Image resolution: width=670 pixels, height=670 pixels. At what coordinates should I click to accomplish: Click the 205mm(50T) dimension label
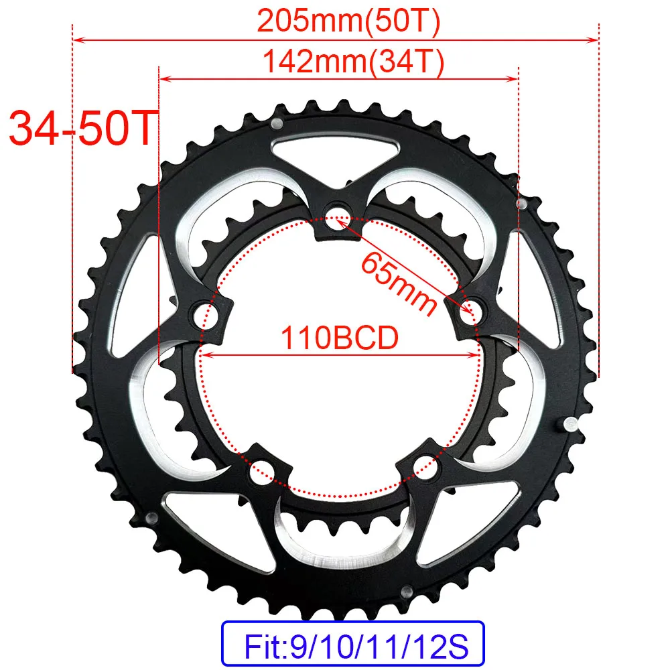pyautogui.click(x=348, y=21)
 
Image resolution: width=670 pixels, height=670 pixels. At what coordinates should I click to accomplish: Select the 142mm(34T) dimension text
pyautogui.click(x=353, y=61)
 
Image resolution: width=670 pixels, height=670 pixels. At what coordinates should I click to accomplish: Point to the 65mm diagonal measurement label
pyautogui.click(x=398, y=283)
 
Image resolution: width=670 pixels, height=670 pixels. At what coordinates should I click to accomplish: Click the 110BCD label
pyautogui.click(x=340, y=338)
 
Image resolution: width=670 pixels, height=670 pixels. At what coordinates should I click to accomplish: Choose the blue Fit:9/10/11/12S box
pyautogui.click(x=353, y=643)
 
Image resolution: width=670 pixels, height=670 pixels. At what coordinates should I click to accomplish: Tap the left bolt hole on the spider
pyautogui.click(x=206, y=316)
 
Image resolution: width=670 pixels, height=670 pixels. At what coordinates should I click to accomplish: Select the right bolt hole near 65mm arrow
pyautogui.click(x=471, y=313)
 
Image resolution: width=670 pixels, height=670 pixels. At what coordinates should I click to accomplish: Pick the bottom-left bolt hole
pyautogui.click(x=261, y=471)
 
